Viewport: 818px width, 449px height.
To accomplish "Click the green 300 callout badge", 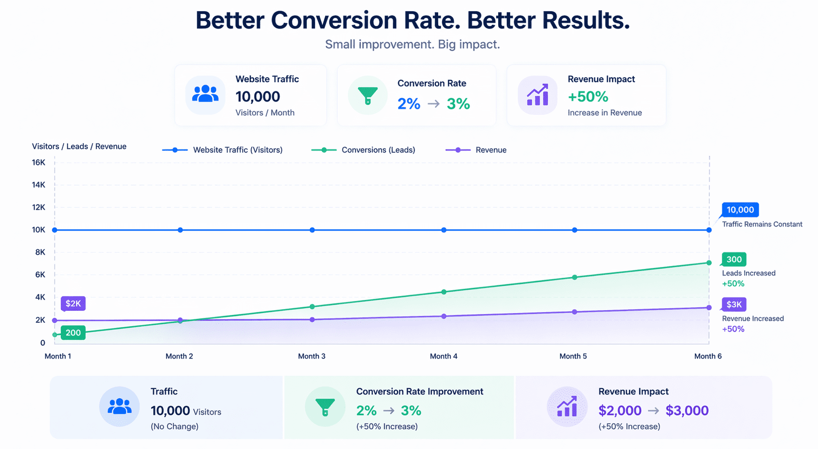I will tap(734, 260).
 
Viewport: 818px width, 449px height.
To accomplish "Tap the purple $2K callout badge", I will tap(73, 304).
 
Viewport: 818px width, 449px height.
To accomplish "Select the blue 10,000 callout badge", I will tap(740, 210).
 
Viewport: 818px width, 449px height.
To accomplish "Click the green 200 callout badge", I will tap(73, 333).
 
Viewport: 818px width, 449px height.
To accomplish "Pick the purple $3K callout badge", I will tap(734, 304).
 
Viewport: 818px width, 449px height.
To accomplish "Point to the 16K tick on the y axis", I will tap(39, 162).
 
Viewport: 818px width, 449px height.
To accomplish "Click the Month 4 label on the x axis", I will tap(444, 356).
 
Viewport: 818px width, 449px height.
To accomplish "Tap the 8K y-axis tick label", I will tap(40, 252).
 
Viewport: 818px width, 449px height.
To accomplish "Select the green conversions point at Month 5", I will tap(574, 277).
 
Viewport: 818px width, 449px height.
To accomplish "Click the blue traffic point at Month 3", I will tap(312, 230).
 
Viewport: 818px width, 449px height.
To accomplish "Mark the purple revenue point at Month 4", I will tap(444, 317).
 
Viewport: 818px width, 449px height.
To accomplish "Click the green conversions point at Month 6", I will tap(709, 263).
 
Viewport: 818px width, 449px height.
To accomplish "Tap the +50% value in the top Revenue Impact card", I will tap(588, 97).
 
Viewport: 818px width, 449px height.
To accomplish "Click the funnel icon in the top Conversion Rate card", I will tap(368, 95).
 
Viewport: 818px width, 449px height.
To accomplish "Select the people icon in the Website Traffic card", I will tap(205, 94).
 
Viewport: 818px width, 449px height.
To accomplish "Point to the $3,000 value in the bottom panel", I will tap(687, 411).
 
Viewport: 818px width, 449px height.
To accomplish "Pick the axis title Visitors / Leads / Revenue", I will tap(79, 146).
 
